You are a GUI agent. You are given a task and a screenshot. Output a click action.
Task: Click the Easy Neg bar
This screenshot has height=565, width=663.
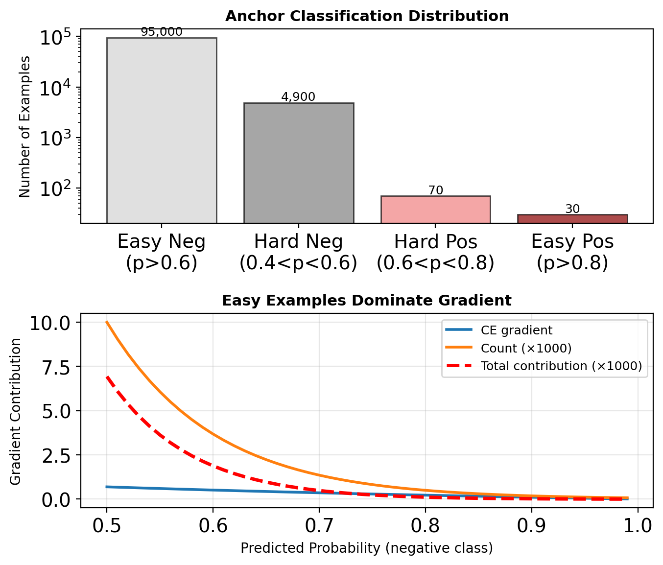[162, 130]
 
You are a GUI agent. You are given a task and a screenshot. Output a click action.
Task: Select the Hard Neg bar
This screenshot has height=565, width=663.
[299, 163]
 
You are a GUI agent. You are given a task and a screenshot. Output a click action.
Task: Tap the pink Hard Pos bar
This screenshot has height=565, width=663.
[435, 210]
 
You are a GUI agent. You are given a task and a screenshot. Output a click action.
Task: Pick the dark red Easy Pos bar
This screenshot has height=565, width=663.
[572, 219]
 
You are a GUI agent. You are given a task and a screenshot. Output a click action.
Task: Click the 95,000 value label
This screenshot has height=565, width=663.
[162, 32]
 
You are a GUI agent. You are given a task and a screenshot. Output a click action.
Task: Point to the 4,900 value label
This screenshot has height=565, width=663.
[298, 97]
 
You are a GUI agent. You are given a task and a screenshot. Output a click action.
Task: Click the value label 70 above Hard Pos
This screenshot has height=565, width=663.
[435, 190]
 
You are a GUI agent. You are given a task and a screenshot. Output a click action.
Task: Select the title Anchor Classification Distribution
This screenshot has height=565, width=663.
[367, 16]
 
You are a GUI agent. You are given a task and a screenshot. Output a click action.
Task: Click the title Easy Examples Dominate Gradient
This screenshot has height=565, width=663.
[367, 300]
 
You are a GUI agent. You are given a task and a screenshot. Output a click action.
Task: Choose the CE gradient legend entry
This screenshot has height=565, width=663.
[517, 330]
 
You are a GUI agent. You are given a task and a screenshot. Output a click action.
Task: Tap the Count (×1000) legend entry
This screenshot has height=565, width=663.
[526, 348]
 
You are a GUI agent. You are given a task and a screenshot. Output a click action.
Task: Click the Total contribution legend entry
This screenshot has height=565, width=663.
[561, 366]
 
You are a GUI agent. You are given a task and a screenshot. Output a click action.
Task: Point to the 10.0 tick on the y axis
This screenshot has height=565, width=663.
[51, 323]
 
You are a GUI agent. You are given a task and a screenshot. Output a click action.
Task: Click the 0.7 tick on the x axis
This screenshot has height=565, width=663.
[319, 525]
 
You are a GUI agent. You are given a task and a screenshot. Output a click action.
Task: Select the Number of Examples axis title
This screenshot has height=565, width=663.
[25, 126]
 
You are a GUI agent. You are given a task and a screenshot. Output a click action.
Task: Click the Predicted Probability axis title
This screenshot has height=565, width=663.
[367, 548]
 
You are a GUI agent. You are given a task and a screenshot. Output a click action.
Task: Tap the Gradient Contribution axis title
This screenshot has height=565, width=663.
[16, 411]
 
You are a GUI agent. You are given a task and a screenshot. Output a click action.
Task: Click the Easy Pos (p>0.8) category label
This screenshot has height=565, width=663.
[572, 252]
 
